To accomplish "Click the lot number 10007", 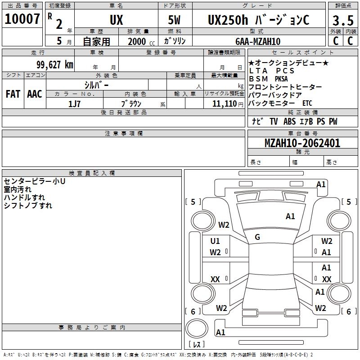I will click(x=22, y=19).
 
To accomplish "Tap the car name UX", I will click(x=116, y=20).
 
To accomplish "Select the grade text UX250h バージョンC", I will click(x=258, y=20).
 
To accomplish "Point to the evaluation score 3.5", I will click(x=342, y=21).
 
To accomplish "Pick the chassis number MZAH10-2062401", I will click(x=302, y=143).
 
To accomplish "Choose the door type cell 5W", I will click(x=175, y=20).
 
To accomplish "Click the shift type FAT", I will click(x=13, y=94).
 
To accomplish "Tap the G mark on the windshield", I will click(x=257, y=237).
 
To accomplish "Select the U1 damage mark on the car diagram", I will click(x=215, y=241).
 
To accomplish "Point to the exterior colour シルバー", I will click(x=96, y=85).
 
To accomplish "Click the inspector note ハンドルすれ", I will click(x=24, y=198).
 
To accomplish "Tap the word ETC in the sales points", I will click(x=307, y=103).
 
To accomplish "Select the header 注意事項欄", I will click(x=123, y=134).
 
